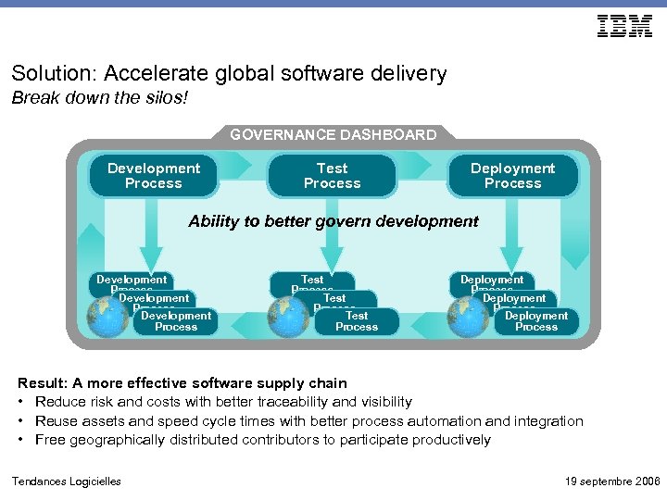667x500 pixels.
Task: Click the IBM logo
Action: click(625, 27)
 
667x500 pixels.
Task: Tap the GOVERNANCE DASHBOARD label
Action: click(333, 135)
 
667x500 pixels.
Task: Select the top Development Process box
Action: click(154, 176)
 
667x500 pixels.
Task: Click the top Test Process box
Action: click(333, 176)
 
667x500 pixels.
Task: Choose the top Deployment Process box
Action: click(512, 176)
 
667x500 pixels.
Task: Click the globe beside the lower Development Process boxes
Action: click(105, 316)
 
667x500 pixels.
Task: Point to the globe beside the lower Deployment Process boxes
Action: click(466, 316)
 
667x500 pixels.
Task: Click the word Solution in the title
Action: click(45, 73)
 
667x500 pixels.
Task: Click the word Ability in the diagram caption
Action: click(213, 221)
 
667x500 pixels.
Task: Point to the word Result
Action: click(42, 383)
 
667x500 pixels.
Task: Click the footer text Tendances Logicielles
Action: click(66, 481)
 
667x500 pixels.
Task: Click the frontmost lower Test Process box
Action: click(357, 321)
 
